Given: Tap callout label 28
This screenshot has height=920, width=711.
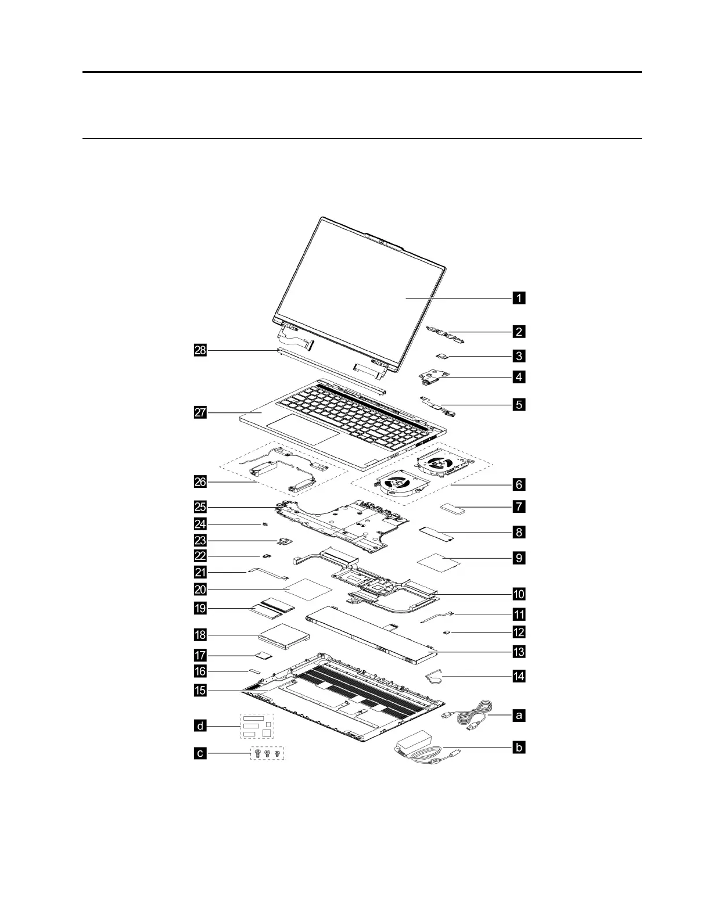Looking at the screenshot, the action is (200, 350).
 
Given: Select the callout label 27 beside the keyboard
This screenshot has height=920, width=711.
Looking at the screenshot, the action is (200, 412).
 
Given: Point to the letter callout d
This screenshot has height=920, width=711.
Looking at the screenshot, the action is (200, 725).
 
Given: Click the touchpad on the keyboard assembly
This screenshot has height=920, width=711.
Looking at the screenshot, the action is (303, 429).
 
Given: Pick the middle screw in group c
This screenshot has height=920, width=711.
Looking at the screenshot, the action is (267, 754).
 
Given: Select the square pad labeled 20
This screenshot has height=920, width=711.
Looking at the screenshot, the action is (311, 588).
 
